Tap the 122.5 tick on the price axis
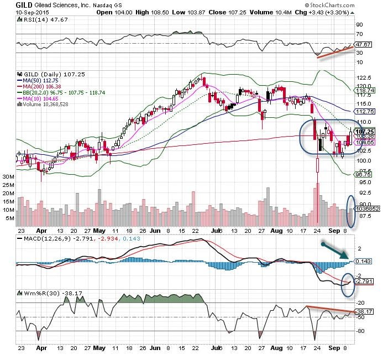tap(363, 77)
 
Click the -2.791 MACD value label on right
tap(364, 281)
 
